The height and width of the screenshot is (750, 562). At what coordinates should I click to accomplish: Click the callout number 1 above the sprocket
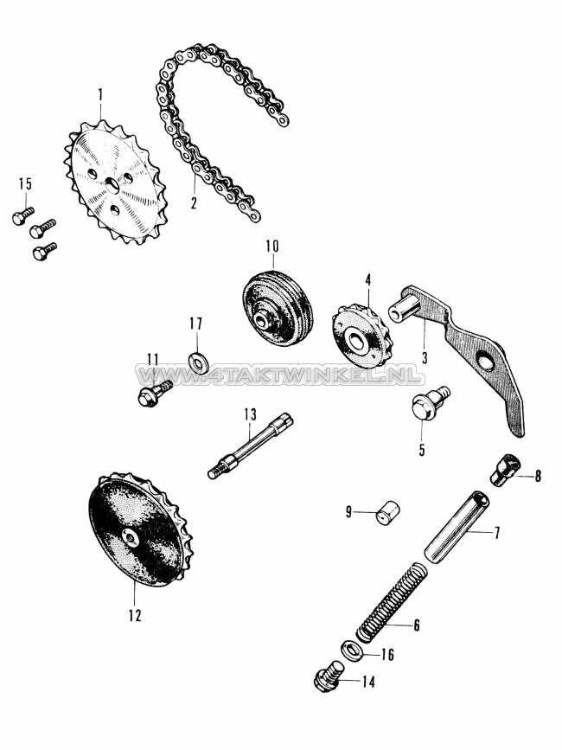[100, 93]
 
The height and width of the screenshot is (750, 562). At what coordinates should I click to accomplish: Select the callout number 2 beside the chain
[194, 204]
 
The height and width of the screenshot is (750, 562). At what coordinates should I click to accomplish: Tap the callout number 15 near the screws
[25, 184]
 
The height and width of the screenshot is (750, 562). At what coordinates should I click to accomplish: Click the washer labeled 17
[196, 357]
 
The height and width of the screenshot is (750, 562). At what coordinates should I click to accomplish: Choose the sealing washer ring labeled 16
[354, 650]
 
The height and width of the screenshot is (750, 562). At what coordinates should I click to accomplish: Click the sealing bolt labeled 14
[329, 678]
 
